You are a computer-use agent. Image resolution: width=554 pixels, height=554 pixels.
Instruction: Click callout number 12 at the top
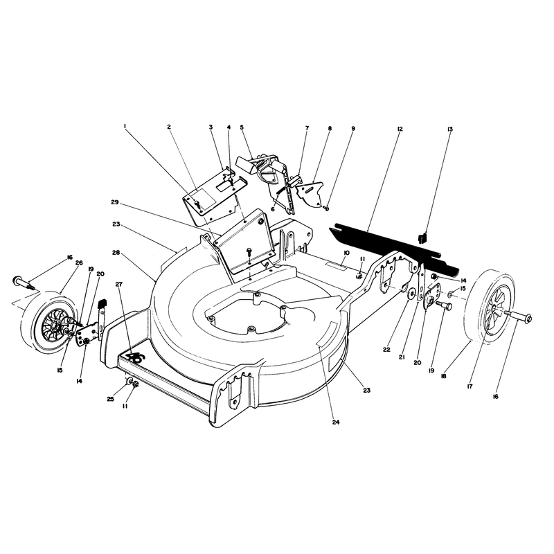click(400, 129)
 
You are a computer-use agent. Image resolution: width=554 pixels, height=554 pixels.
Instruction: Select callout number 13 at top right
click(449, 129)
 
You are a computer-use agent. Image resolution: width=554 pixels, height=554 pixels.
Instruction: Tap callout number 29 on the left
click(114, 202)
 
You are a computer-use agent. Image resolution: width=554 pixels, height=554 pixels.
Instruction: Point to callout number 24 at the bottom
click(336, 422)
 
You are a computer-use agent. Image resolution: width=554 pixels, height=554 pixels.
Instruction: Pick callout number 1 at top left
click(125, 126)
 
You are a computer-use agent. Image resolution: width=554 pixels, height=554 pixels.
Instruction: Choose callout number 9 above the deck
click(353, 129)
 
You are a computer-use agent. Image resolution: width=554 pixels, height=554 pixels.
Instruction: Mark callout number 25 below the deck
click(110, 399)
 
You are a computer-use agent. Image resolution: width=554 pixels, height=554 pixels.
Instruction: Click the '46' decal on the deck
click(136, 358)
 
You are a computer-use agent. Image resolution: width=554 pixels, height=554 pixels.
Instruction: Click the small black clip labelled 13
click(422, 238)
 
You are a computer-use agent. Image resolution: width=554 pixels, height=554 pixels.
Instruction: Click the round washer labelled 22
click(411, 294)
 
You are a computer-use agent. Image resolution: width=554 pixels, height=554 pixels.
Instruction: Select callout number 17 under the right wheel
click(470, 386)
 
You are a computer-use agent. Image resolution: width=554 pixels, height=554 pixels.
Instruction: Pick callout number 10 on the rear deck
click(346, 253)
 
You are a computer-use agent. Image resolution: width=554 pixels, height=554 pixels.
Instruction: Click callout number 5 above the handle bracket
click(242, 127)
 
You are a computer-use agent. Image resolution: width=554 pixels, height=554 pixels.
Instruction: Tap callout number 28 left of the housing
click(116, 253)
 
